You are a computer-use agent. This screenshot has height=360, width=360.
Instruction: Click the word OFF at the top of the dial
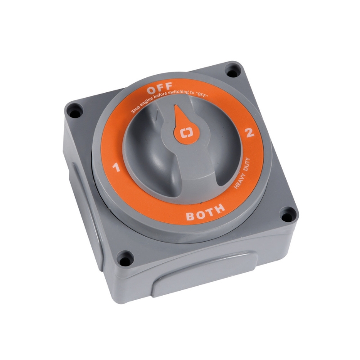[x=160, y=89]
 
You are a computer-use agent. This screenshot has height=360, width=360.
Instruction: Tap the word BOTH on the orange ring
[x=205, y=212]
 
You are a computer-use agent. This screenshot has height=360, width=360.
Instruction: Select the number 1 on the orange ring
[x=117, y=167]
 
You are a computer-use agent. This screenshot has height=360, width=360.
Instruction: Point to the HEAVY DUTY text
[x=241, y=173]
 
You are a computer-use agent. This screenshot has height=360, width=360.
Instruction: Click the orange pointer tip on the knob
[x=176, y=106]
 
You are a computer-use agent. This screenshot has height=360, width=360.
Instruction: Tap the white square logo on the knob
[x=186, y=133]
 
